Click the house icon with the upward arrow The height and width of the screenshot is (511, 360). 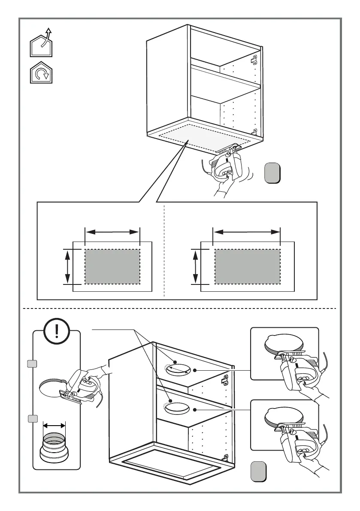[x=41, y=44]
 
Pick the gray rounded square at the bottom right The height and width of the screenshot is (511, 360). [x=258, y=471]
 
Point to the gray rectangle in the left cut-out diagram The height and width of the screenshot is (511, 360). [x=112, y=266]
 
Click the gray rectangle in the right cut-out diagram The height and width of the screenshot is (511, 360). [x=247, y=266]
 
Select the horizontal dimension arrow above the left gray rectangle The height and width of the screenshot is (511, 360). [x=113, y=232]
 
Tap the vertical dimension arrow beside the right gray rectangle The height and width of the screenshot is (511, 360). [x=196, y=266]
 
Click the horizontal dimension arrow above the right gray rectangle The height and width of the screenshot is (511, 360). [x=247, y=232]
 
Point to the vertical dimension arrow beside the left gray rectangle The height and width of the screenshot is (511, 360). [x=67, y=266]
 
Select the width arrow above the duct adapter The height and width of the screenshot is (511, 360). [x=54, y=425]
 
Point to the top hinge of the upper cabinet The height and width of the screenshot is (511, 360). [x=254, y=59]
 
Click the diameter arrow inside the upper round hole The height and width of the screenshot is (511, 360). [x=177, y=370]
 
